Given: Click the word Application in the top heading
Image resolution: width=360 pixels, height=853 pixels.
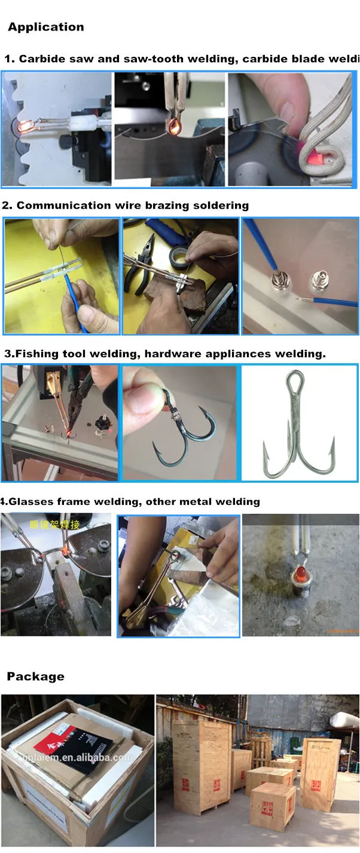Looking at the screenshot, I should [45, 27].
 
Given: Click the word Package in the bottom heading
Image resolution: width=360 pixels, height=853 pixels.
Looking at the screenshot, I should [35, 677].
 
